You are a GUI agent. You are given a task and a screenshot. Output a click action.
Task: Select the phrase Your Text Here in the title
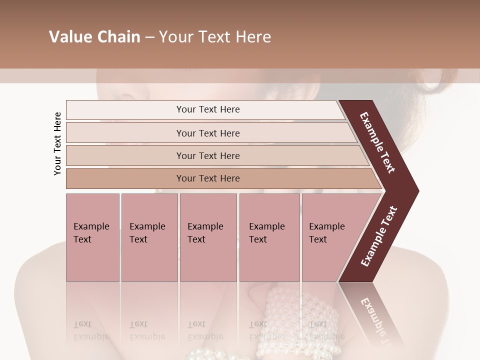(x=215, y=37)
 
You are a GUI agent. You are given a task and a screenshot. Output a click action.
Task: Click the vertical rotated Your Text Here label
(x=57, y=143)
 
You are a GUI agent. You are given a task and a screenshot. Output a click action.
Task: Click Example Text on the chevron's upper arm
(x=377, y=142)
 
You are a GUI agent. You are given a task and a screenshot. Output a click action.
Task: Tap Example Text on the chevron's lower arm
(x=378, y=236)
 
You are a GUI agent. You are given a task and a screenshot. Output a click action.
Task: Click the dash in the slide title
(x=149, y=37)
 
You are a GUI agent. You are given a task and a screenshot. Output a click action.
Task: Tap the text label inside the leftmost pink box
(x=91, y=233)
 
